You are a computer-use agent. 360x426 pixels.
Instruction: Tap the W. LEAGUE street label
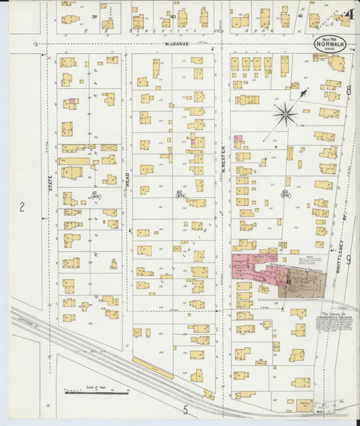point(177,45)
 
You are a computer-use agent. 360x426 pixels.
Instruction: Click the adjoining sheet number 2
point(22,207)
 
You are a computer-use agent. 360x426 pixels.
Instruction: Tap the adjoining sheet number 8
point(349,90)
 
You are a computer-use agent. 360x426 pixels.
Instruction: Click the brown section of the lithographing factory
point(303,284)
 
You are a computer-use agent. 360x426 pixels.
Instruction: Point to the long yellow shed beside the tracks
point(152,368)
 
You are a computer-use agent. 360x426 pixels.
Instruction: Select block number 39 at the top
point(95,16)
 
